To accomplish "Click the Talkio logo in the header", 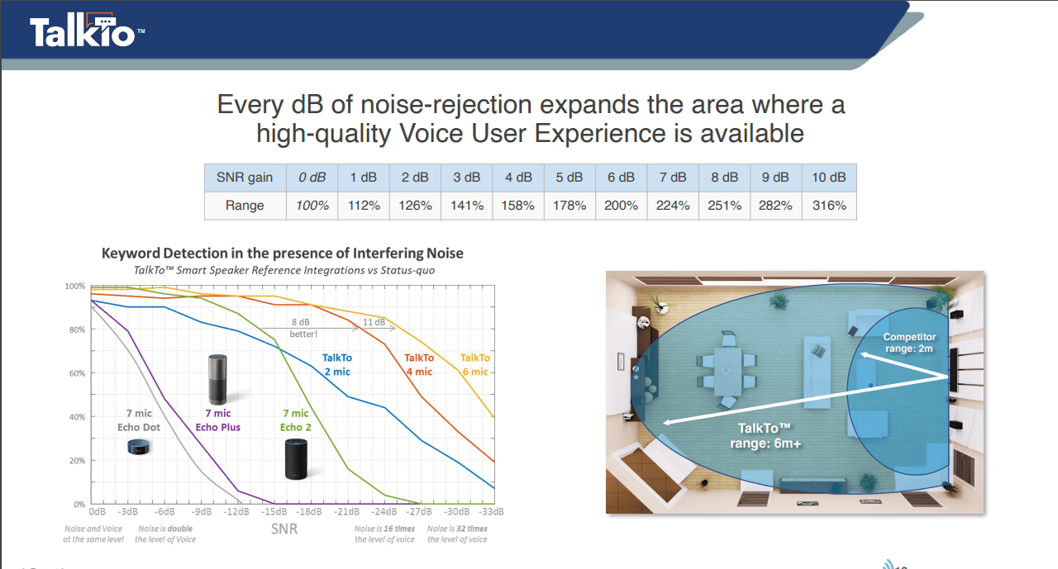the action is coord(88,31).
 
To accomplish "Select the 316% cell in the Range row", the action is coord(829,206).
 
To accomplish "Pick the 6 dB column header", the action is coord(621,178).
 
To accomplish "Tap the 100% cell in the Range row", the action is coord(312,206).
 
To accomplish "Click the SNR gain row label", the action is coord(245,178).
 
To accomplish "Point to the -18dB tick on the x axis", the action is coord(309,512).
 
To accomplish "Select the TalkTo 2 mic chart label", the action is coord(336,365).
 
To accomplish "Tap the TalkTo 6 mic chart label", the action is coord(475,365).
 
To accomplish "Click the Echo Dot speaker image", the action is coord(138,447).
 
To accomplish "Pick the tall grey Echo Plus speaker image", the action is coord(217,379).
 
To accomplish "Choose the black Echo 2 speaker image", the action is coord(296,459).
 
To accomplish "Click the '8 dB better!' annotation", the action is coord(303,328).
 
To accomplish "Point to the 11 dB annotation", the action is coord(374,322).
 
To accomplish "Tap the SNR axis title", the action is coord(284,529).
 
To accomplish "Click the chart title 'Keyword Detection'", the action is coord(283,253).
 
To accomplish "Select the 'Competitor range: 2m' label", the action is coord(909,343).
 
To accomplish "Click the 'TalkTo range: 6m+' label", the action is coord(765,436).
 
